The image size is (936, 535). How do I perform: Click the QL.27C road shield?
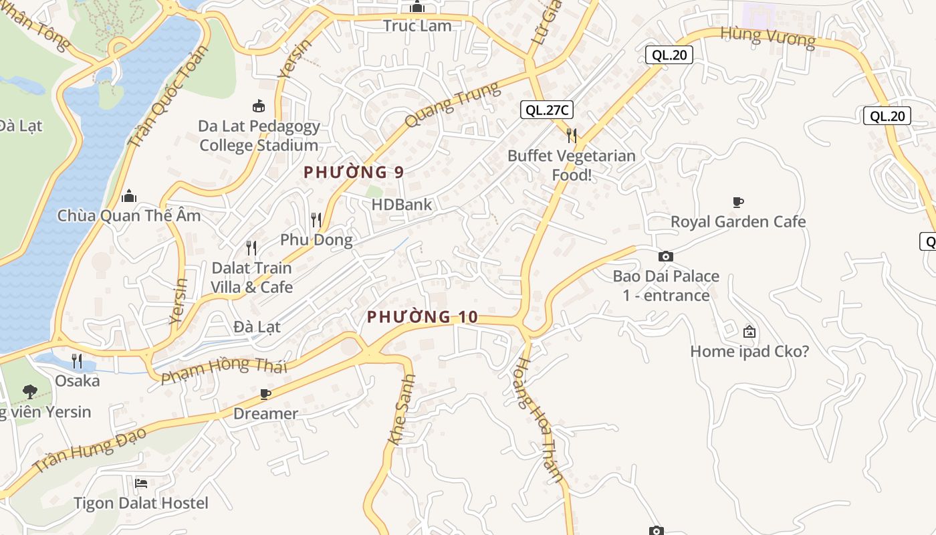pos(547,110)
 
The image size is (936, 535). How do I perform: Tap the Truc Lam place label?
pos(417,26)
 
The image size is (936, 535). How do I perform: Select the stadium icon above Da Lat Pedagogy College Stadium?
pos(258,106)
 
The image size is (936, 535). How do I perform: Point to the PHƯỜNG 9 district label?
pos(354,172)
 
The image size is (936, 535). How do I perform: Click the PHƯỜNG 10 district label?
pos(423,316)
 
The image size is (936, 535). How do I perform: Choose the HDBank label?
pos(402,205)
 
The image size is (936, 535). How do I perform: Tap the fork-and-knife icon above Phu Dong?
pos(316,219)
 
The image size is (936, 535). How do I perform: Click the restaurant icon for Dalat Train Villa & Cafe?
pos(251,248)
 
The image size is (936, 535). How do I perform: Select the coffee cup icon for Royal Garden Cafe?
pos(738,202)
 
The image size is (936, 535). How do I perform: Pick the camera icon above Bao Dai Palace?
pos(666,256)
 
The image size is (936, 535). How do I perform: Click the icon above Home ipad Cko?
pos(749,331)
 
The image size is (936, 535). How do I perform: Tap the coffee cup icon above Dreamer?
pos(265,394)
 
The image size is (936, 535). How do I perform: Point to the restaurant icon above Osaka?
pos(77,361)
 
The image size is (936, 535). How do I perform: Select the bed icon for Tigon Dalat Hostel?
pos(141,483)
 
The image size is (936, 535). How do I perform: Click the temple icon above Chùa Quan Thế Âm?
pos(129,196)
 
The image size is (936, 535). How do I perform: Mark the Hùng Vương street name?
pos(768,37)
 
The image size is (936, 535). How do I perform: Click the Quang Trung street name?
pos(453,104)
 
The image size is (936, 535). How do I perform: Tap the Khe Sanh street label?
pos(402,409)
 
